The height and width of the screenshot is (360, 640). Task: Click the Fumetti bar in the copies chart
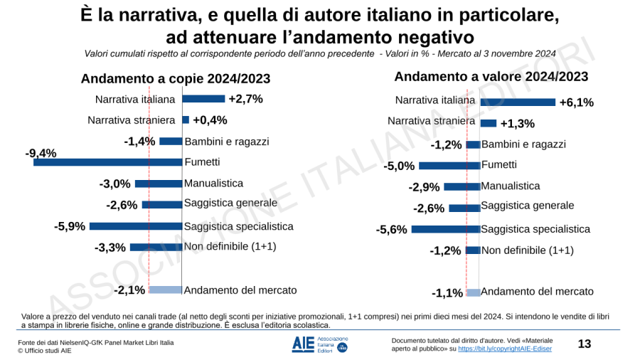tap(107, 162)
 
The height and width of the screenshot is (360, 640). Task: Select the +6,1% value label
tap(576, 102)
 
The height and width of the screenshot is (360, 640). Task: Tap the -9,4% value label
tap(41, 153)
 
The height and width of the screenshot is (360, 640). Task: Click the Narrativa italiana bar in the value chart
tap(517, 102)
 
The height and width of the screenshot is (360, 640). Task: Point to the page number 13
tap(585, 344)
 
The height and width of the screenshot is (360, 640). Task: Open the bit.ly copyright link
tap(505, 349)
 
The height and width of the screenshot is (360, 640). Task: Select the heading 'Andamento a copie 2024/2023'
tap(176, 79)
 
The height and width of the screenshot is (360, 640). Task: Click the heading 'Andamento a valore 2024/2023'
tap(491, 77)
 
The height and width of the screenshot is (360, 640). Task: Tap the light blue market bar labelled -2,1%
tap(165, 290)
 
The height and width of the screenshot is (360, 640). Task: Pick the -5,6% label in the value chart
tap(392, 229)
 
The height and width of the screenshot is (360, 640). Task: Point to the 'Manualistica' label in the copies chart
tap(213, 184)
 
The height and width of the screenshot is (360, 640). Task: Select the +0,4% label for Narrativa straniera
tap(210, 120)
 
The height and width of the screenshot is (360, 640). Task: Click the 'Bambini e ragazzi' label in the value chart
tap(523, 144)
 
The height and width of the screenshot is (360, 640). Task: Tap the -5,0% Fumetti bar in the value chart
tap(449, 166)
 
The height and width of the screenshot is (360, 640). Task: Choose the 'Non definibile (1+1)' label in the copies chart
tap(230, 246)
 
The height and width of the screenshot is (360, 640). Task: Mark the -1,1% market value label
tap(447, 293)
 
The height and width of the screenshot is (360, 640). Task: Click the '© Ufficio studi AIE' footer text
tap(45, 350)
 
